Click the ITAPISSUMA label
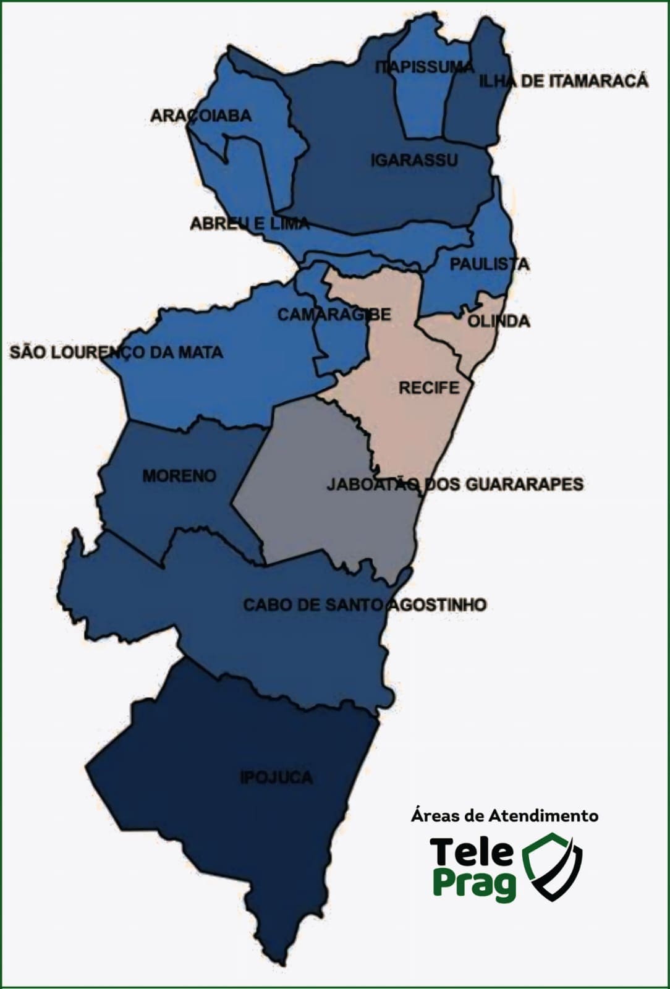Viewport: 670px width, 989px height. click(424, 67)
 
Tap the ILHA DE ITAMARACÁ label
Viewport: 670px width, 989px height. click(564, 81)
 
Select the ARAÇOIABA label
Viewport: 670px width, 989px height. click(201, 116)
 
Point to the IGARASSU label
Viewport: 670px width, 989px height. click(414, 161)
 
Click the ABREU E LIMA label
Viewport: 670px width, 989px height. click(249, 223)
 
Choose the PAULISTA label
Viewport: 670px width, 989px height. click(489, 264)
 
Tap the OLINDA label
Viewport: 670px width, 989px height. click(498, 321)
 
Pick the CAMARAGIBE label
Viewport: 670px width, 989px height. click(334, 315)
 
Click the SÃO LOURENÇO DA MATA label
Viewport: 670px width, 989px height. click(116, 352)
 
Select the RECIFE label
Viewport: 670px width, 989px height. click(429, 388)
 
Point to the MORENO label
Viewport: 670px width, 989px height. click(179, 476)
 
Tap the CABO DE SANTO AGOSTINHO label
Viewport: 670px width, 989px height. click(365, 605)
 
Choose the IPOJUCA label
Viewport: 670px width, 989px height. click(276, 777)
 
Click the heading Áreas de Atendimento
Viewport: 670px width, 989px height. click(504, 816)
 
